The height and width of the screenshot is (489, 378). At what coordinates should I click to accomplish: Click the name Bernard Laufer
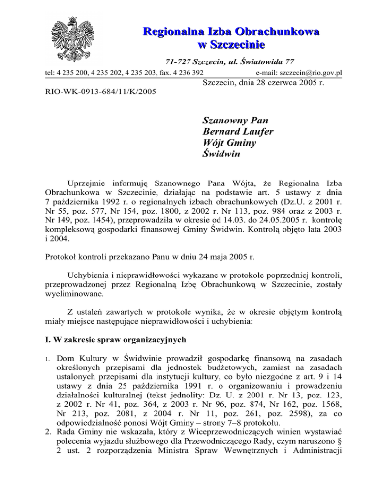(238, 132)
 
